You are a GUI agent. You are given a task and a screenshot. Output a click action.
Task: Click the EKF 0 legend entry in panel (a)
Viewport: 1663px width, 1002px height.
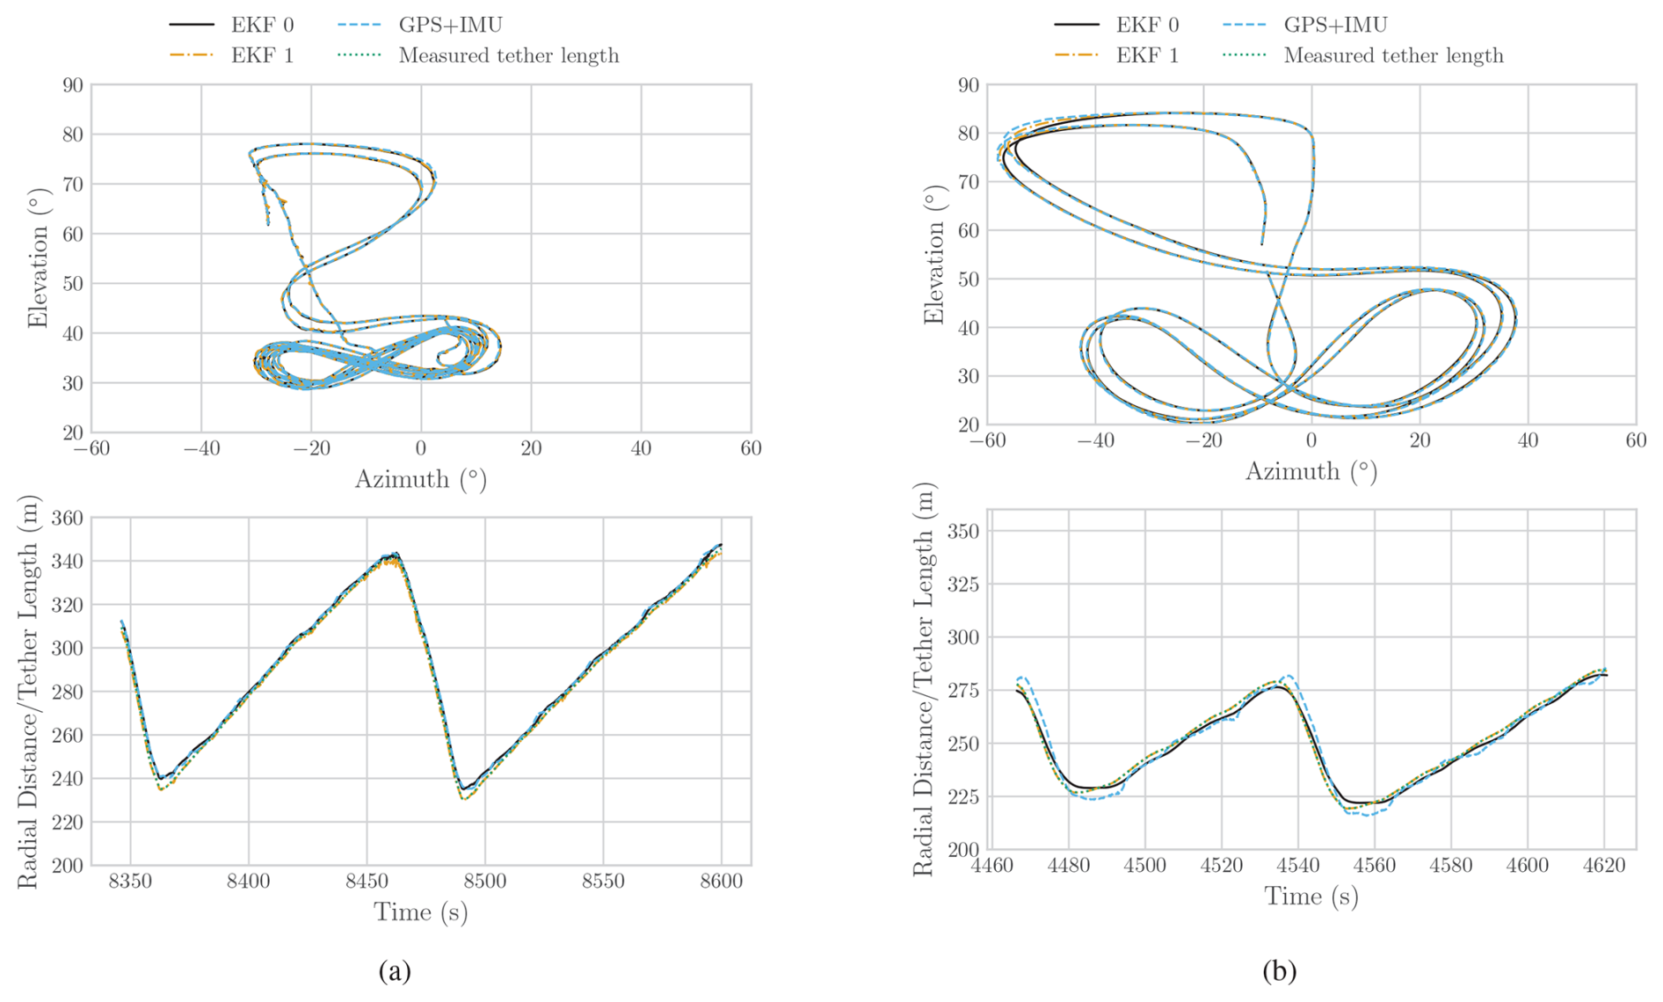pos(262,25)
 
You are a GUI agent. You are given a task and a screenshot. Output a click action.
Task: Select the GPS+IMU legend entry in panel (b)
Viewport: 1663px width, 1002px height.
pos(1335,25)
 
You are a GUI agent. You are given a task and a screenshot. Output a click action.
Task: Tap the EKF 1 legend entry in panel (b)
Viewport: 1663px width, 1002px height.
pos(1147,55)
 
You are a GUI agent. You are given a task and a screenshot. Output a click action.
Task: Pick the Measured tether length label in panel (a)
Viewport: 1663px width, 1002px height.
pos(508,55)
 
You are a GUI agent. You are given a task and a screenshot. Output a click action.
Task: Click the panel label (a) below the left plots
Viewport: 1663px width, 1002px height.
pos(395,970)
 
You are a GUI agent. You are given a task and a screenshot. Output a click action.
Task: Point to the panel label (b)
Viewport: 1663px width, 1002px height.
pos(1279,970)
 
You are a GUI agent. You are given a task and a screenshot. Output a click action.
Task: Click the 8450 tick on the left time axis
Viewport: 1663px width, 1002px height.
pos(367,881)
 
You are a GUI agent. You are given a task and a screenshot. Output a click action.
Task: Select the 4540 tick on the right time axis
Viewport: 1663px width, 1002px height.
pos(1297,865)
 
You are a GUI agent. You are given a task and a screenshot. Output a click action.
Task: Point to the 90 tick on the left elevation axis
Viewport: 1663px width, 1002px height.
pos(72,85)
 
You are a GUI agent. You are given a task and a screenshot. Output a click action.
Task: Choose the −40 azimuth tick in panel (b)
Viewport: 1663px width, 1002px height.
pos(1095,440)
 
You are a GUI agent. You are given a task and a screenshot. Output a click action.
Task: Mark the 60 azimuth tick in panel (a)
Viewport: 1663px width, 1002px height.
pos(751,448)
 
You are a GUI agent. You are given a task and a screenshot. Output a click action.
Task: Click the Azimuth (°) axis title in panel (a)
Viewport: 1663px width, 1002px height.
pos(420,480)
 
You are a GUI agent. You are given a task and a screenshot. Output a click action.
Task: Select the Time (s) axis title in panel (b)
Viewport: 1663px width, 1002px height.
pos(1311,897)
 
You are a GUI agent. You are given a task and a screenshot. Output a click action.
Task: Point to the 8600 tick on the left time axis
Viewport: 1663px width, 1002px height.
pos(721,881)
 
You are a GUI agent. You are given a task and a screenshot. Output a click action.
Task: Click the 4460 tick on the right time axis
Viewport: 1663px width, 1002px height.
pos(991,865)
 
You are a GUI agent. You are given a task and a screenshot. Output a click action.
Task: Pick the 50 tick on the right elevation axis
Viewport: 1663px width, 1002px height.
pos(969,280)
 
